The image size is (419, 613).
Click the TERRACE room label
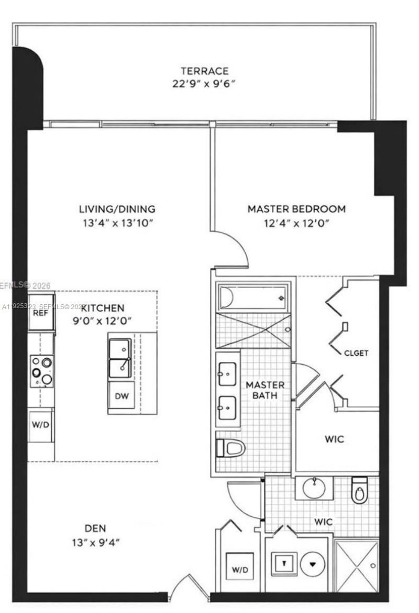[x=204, y=71]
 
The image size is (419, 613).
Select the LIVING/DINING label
[x=117, y=209]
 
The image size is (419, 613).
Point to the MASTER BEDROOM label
[x=296, y=209]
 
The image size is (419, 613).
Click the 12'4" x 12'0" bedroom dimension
[x=296, y=223]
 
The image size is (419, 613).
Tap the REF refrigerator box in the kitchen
[x=41, y=314]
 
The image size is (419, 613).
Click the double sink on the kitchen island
[x=120, y=358]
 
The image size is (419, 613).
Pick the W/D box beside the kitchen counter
[x=41, y=424]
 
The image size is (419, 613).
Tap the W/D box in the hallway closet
[x=240, y=568]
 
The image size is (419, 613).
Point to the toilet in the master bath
[x=231, y=448]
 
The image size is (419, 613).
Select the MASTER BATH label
[x=266, y=390]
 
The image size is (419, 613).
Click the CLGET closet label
[x=356, y=353]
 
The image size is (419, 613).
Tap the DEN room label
[x=95, y=528]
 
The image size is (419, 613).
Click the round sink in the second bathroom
[x=314, y=489]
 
